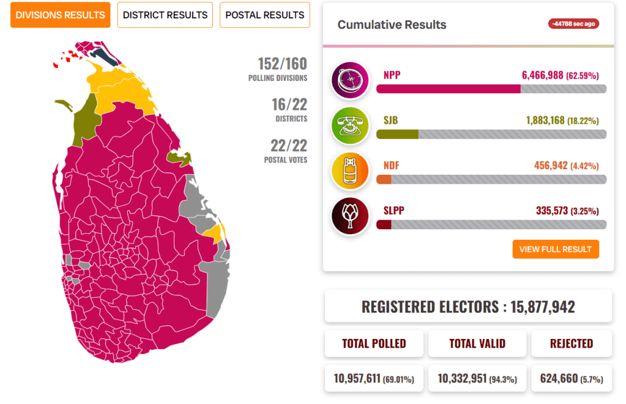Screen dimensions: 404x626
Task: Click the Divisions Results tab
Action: point(60,15)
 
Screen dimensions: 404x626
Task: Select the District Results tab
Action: point(165,15)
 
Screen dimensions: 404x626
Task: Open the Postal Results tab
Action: point(265,15)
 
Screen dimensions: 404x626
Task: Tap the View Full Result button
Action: point(555,249)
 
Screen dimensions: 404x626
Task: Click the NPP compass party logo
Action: point(350,81)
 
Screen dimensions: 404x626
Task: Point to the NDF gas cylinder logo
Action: point(350,171)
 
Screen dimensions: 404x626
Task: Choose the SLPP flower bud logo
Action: point(350,216)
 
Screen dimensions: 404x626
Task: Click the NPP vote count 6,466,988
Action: point(542,75)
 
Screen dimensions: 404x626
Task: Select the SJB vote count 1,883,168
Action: point(542,121)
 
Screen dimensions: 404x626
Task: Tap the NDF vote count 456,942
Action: point(551,166)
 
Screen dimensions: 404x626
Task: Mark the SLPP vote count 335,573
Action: point(551,211)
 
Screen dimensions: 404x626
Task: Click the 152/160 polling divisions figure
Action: point(282,64)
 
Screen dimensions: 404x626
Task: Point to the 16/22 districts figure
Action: point(289,105)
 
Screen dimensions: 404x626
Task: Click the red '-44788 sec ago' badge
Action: point(573,24)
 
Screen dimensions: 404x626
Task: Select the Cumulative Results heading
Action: point(392,25)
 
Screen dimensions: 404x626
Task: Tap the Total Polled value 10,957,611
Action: point(358,378)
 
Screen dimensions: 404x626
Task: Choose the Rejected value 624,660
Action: point(559,378)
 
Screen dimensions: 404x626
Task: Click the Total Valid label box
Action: point(477,343)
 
